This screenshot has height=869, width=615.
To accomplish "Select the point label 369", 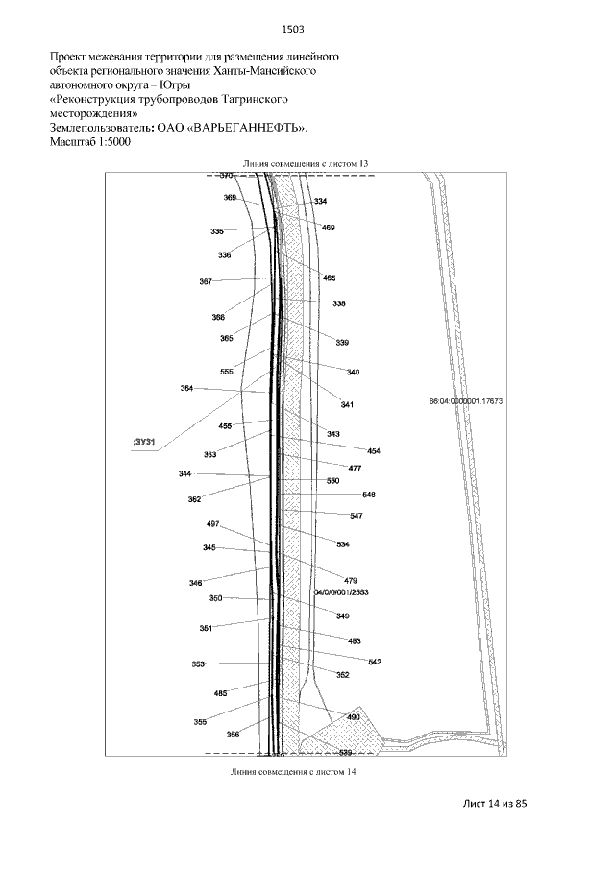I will [x=230, y=197].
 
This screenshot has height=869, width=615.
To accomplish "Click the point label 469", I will [x=329, y=228].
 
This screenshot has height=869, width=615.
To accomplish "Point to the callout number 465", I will [x=329, y=278].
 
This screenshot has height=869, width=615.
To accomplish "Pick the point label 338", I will [x=339, y=303].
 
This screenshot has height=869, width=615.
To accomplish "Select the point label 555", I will [x=227, y=372].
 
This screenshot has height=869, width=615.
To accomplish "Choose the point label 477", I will [x=355, y=468].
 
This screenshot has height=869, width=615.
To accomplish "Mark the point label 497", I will [x=213, y=524].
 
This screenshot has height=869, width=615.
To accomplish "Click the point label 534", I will [x=342, y=544].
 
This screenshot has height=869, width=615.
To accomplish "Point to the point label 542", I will [x=375, y=662].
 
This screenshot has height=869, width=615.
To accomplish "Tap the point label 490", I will [x=353, y=717].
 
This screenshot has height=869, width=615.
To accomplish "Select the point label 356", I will [x=233, y=735].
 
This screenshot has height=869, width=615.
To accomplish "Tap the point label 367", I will [x=206, y=281].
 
